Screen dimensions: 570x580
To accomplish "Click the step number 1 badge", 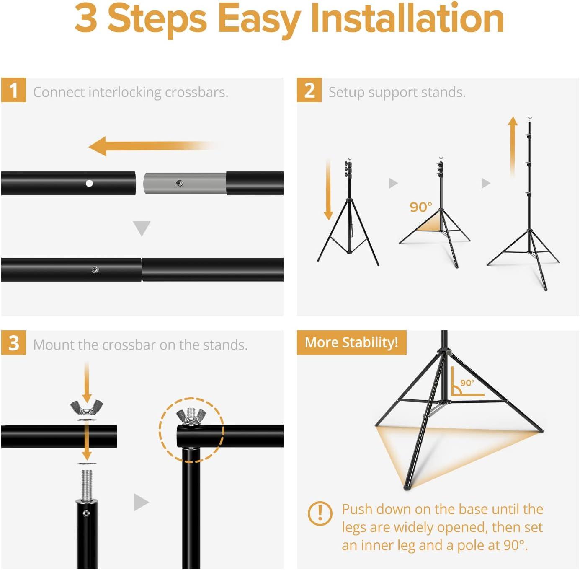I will tap(13, 90).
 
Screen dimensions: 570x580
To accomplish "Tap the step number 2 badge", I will tap(309, 90).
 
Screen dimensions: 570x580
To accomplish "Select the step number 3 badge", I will tap(13, 343).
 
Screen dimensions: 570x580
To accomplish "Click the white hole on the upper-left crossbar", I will tap(89, 184).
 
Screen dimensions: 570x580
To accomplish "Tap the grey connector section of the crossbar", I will tap(184, 184).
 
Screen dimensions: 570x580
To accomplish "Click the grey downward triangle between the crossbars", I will tap(142, 228).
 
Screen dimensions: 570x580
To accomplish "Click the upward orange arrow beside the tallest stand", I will tap(512, 147).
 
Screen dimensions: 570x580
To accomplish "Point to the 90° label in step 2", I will tap(420, 207).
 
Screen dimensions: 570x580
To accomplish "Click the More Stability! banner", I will tap(351, 342).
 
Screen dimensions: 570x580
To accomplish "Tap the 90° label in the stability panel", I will tap(467, 383).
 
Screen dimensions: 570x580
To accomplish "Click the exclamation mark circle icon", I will tap(320, 513).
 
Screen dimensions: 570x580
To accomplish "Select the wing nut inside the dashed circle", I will tap(191, 416).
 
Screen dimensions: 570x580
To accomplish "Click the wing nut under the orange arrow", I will tap(87, 407).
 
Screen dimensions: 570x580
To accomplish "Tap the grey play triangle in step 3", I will tap(141, 502).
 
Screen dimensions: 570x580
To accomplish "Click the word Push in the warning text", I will tap(357, 509).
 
